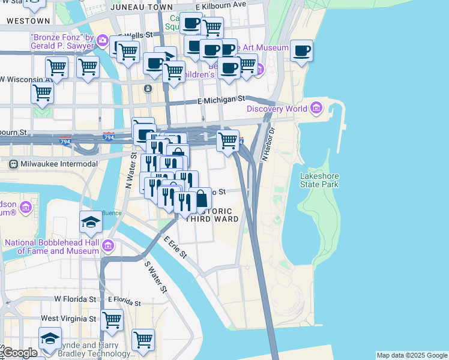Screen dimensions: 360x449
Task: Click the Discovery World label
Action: point(276,109)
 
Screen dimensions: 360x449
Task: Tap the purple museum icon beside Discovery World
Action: point(316,109)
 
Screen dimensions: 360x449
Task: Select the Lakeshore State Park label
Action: point(319,180)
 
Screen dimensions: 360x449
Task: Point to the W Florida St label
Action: point(75,299)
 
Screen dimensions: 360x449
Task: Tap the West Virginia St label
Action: point(69,318)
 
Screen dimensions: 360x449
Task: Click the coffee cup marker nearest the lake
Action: point(301,50)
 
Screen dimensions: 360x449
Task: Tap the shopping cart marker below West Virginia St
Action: point(143,340)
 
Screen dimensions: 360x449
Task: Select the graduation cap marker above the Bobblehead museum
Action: point(91,222)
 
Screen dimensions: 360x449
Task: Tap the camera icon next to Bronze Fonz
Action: point(102,41)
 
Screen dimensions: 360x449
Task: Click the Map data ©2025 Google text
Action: point(411,355)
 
